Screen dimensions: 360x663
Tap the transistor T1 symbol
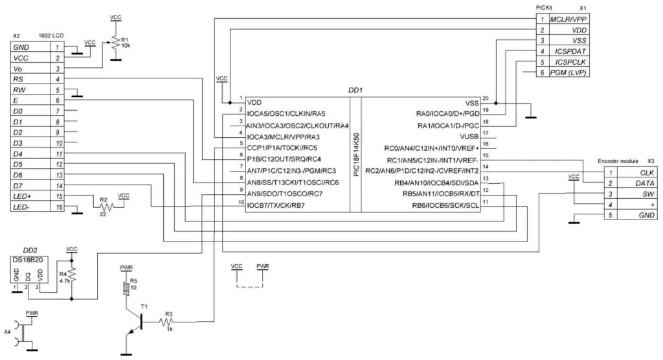(136, 322)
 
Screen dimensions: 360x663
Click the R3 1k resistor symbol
(168, 322)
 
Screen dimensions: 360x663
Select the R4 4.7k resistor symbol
(72, 276)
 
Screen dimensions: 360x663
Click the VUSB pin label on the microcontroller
(468, 137)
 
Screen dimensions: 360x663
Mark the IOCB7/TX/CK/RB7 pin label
(276, 205)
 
